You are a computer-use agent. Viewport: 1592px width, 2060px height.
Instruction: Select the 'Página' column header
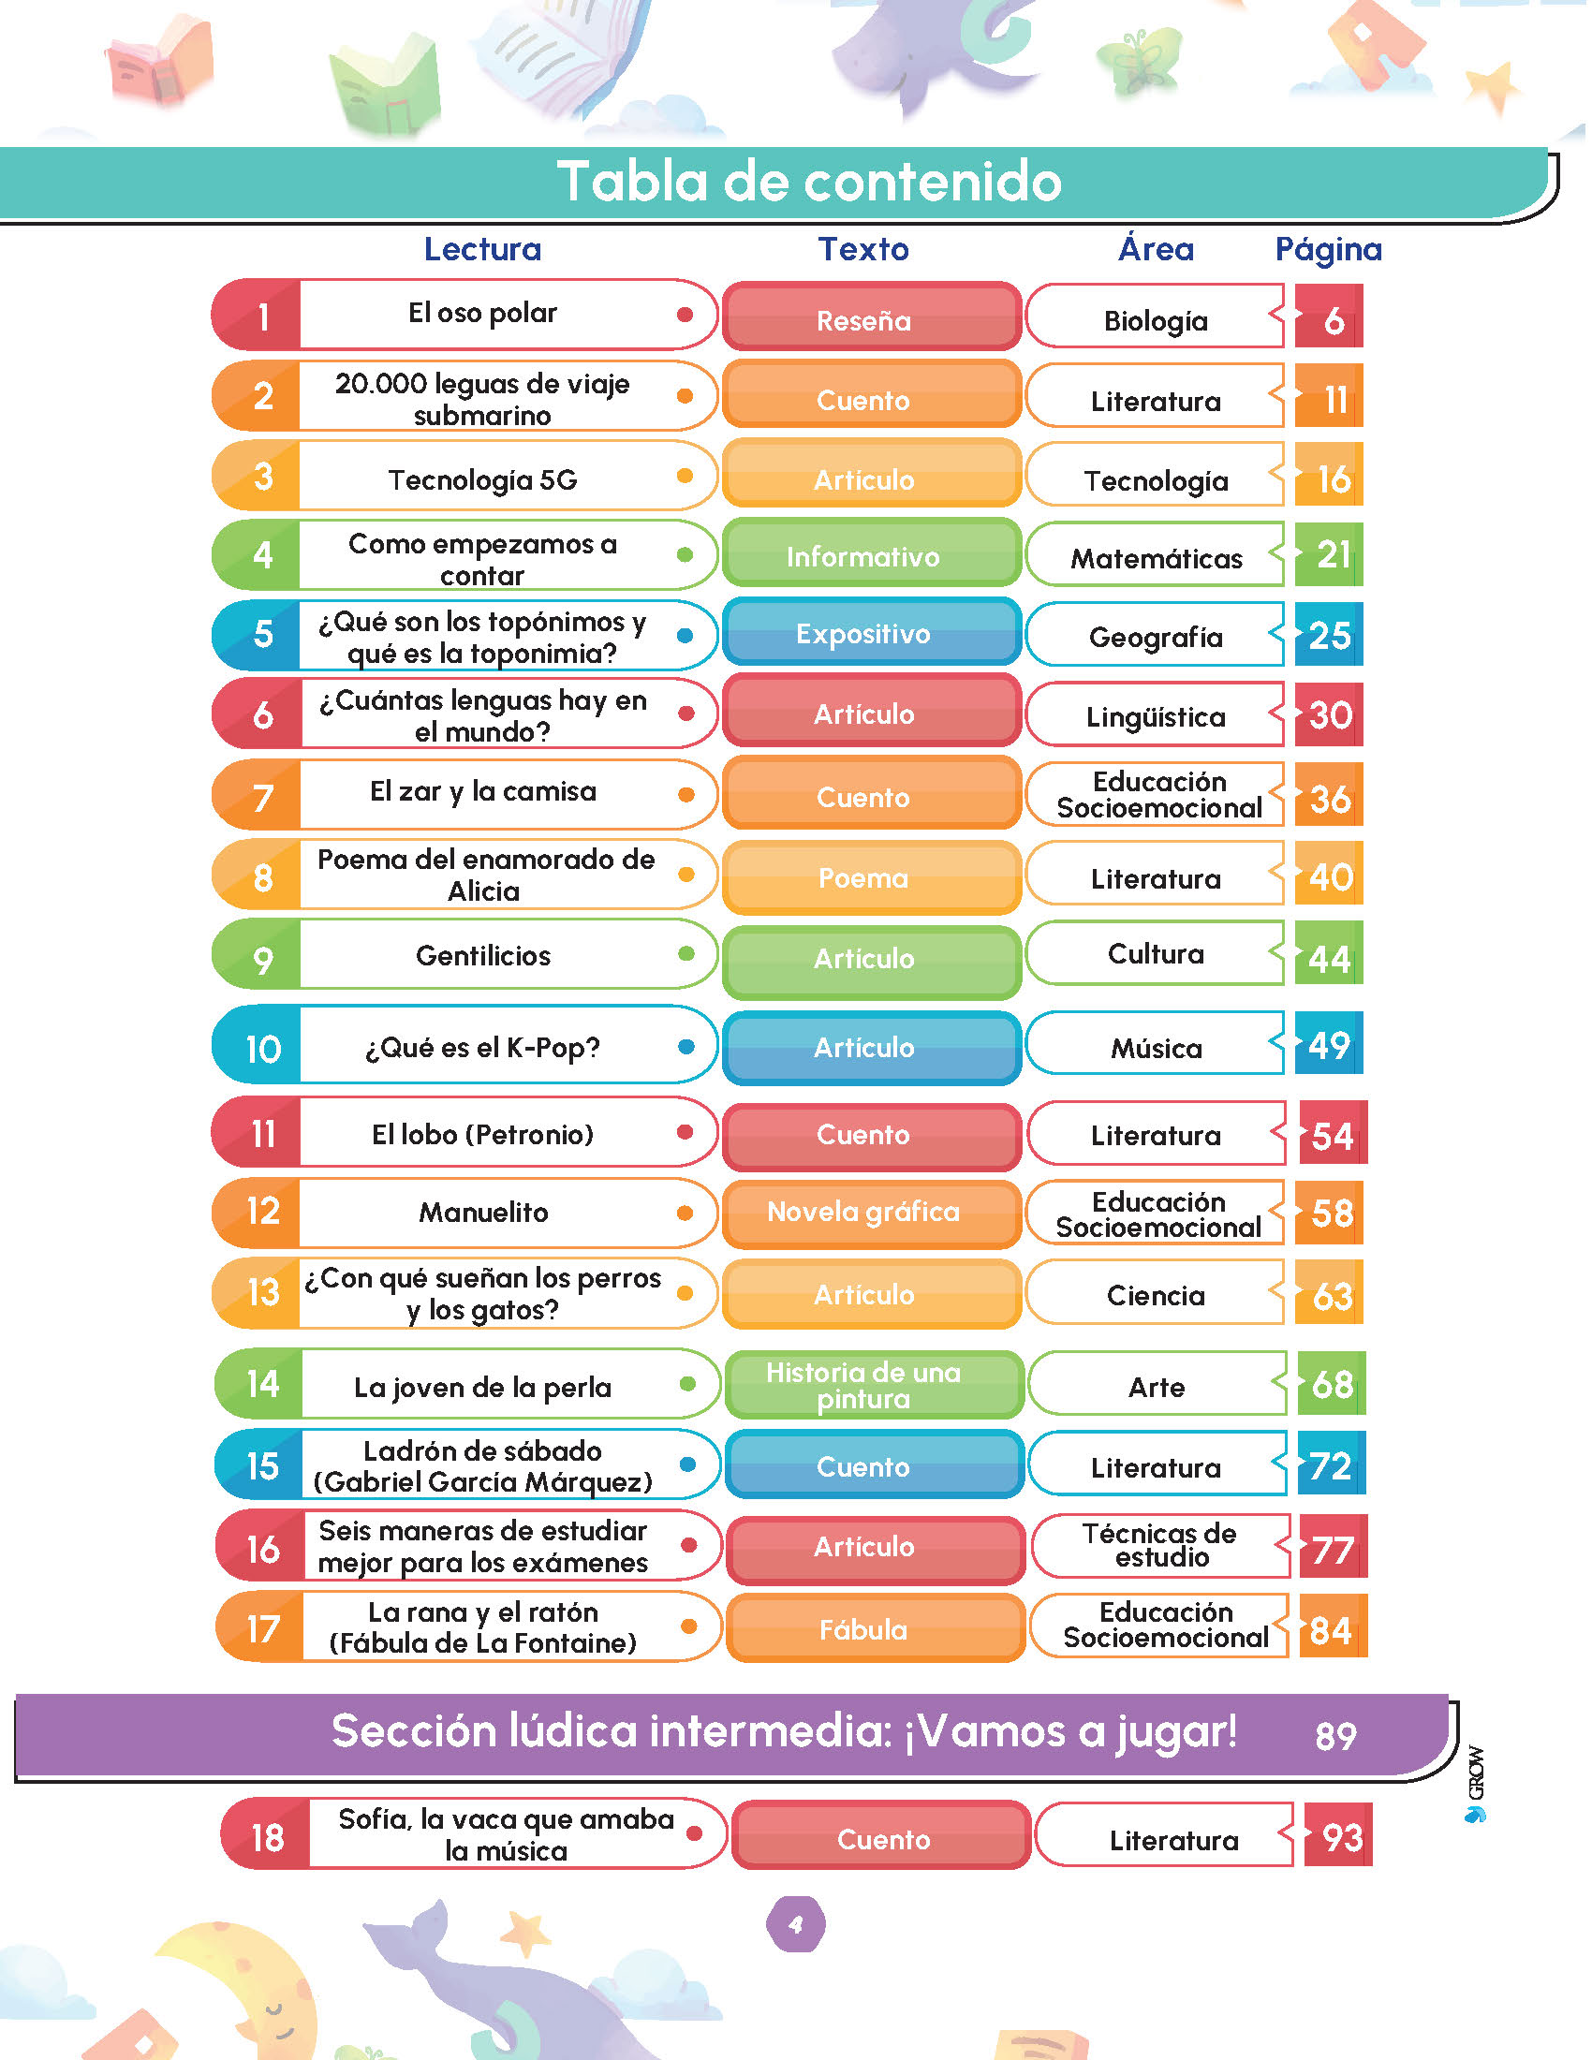1328,249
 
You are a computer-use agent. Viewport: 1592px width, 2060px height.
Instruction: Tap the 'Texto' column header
863,249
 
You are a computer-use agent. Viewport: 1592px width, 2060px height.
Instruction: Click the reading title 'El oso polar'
482,313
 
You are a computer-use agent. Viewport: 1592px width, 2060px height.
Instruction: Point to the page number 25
1329,635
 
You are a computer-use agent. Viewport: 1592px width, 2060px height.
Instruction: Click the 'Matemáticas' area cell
1156,556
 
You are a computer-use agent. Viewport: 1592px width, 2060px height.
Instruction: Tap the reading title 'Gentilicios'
483,955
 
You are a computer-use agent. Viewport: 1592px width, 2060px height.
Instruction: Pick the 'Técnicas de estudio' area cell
1161,1545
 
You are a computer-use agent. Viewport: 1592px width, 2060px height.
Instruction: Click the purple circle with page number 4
795,1924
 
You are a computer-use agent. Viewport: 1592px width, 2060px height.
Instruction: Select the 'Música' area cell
1156,1045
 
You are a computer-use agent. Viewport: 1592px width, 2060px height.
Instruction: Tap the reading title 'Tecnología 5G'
482,480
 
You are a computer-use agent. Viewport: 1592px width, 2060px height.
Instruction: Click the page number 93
1339,1836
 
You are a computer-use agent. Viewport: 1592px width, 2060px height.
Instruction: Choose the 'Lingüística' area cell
1156,716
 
